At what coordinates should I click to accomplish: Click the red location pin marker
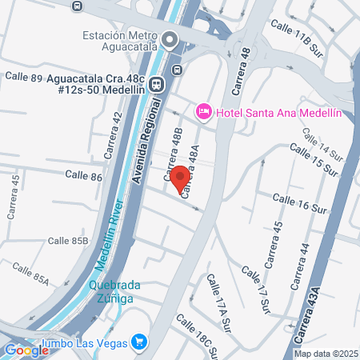179,177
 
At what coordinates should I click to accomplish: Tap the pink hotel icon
203,113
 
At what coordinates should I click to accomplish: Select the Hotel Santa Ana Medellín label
278,113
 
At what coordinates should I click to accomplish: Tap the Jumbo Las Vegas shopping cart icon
141,342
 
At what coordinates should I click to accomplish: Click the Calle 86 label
83,174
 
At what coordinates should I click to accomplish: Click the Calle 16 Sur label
301,202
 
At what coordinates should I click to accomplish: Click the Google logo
26,349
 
